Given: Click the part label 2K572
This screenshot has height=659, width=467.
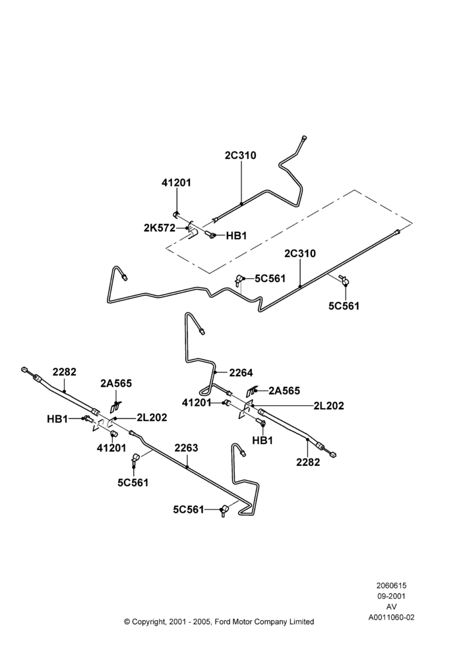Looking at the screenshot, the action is pyautogui.click(x=160, y=228).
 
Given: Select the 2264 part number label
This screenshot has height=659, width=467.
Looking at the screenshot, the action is pyautogui.click(x=241, y=372).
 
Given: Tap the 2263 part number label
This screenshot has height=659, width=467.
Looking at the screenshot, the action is pyautogui.click(x=187, y=448).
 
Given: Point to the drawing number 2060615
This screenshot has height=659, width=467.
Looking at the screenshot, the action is pyautogui.click(x=391, y=585).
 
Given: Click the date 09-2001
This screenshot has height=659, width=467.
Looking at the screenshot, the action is pyautogui.click(x=391, y=596).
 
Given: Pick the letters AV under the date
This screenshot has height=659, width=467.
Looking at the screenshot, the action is pyautogui.click(x=391, y=607).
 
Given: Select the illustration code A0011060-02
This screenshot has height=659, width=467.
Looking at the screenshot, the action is pyautogui.click(x=391, y=617).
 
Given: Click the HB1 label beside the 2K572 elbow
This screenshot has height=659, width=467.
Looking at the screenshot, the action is pyautogui.click(x=236, y=236).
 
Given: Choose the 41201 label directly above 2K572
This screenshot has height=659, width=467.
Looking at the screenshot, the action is pyautogui.click(x=176, y=183).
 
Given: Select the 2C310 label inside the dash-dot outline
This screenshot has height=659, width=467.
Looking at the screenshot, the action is pyautogui.click(x=300, y=254).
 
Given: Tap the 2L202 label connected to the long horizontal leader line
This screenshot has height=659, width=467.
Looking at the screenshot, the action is pyautogui.click(x=328, y=405).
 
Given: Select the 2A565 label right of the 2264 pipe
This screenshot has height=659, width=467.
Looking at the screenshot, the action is pyautogui.click(x=284, y=391).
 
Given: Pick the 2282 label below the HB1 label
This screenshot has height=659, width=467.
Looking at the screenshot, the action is pyautogui.click(x=308, y=462).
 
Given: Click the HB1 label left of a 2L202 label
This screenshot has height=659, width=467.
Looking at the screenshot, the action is pyautogui.click(x=57, y=419).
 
